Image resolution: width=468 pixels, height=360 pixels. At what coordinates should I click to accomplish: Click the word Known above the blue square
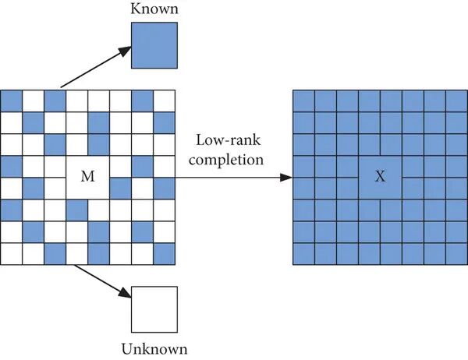[x=154, y=9]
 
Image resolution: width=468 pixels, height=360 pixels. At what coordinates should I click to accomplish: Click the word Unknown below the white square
[x=154, y=349]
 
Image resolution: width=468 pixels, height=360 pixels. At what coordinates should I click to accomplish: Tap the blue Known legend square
[x=154, y=45]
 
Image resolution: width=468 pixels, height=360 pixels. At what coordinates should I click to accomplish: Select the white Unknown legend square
[x=154, y=309]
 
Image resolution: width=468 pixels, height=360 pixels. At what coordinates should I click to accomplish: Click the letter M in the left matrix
[x=87, y=176]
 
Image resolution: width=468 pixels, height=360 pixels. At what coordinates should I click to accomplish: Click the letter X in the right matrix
[x=380, y=177]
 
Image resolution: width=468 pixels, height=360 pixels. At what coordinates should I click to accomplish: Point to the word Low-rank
[x=228, y=140]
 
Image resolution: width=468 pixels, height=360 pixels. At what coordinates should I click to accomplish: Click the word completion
[x=226, y=160]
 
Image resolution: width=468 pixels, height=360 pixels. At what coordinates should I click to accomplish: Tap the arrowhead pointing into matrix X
[x=286, y=178]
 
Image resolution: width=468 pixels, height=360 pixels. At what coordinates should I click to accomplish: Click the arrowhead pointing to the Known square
[x=125, y=51]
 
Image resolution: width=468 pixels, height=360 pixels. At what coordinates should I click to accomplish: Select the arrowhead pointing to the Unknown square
[x=125, y=293]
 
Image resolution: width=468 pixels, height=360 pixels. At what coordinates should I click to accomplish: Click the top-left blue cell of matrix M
[x=12, y=101]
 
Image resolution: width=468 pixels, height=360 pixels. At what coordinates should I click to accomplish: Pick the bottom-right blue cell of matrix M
[x=164, y=254]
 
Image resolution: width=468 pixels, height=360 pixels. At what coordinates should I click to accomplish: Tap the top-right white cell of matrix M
[x=164, y=101]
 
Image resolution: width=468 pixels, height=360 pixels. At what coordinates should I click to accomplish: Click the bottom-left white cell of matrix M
[x=12, y=254]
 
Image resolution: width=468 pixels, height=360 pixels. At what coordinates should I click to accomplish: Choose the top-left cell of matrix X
[x=303, y=101]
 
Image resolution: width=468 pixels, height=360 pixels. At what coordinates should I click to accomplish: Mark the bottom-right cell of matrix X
[x=456, y=254]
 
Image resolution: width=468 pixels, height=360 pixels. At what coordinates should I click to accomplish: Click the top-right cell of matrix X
[x=456, y=101]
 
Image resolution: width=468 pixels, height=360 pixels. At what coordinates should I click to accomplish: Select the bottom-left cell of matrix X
[x=303, y=254]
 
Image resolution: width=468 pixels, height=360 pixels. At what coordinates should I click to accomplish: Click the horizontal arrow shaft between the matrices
[x=228, y=178]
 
